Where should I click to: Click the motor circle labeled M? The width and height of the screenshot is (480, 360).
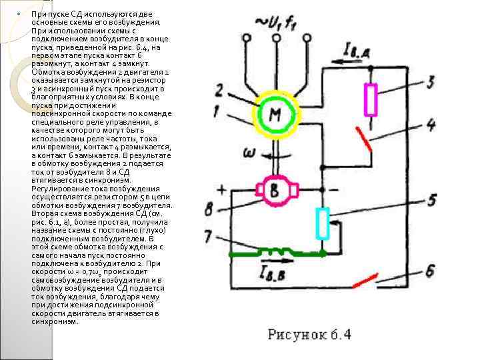click(275, 115)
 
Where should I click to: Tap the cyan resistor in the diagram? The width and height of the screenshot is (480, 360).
click(323, 223)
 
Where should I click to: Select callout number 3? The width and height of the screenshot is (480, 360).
click(430, 82)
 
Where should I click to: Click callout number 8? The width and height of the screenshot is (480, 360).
click(209, 210)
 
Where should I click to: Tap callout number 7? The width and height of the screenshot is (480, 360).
click(209, 236)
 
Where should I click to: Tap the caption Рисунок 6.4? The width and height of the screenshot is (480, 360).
click(309, 334)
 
